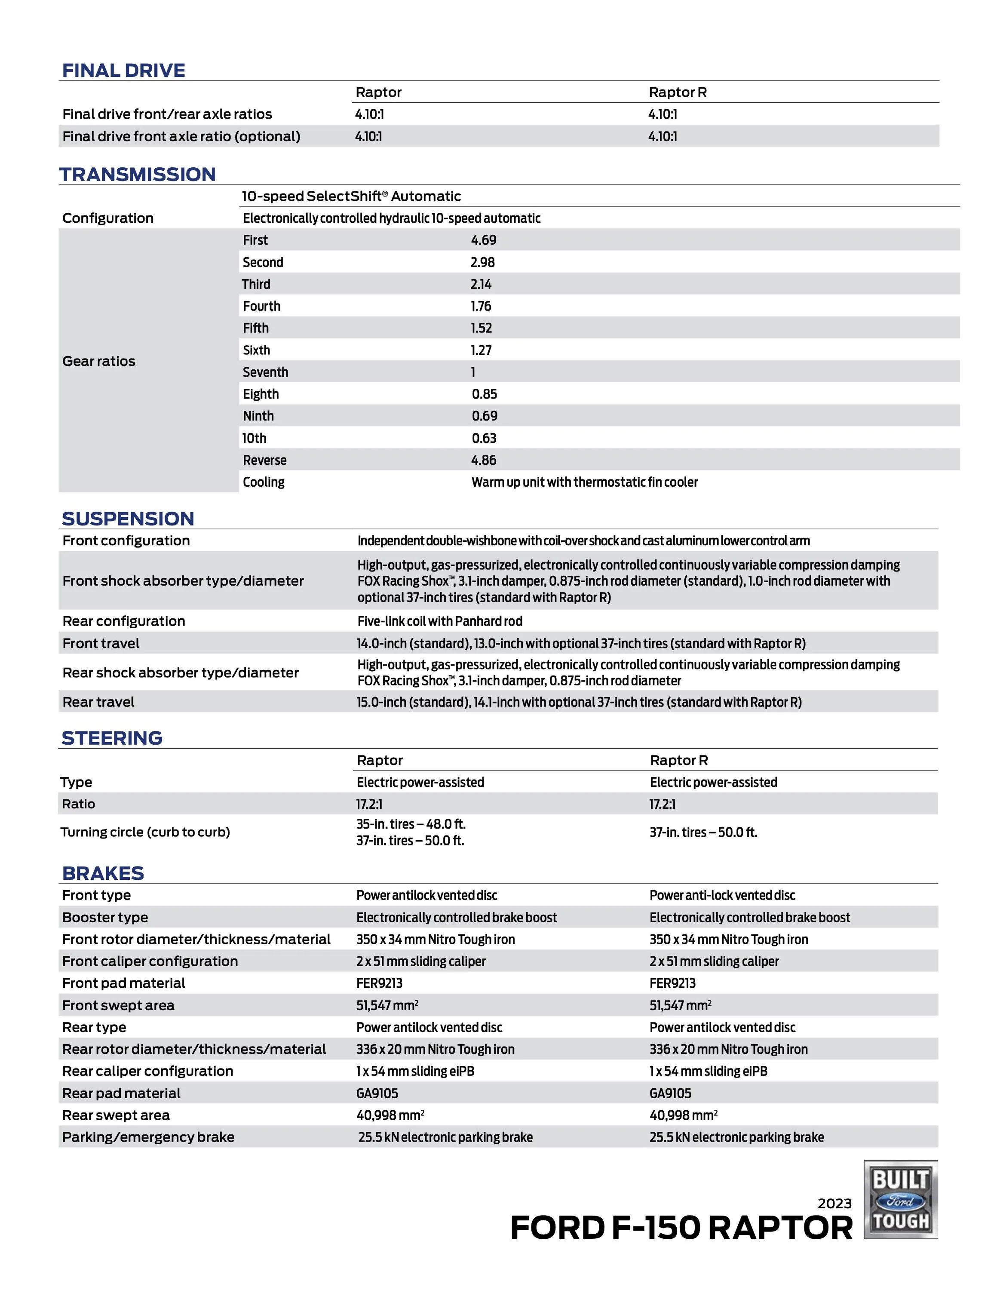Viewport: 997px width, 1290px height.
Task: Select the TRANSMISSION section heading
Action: coord(137,175)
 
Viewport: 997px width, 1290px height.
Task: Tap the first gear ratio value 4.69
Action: coord(483,240)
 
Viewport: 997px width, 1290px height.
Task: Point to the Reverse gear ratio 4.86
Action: coord(483,460)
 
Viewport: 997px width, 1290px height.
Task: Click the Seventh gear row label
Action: coord(265,372)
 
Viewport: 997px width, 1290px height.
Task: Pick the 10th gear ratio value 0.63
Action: coord(484,438)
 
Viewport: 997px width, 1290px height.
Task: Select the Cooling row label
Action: coord(264,482)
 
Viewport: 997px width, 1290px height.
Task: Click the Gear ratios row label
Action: coord(98,361)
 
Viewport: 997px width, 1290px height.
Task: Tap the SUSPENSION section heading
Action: coord(128,519)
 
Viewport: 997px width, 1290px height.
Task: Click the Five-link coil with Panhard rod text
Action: coord(439,621)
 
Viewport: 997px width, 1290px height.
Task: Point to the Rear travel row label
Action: coord(98,702)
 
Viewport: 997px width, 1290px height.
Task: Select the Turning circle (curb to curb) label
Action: coord(145,832)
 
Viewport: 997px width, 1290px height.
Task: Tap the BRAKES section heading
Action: coord(103,873)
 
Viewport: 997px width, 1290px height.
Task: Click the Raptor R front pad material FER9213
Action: coord(672,983)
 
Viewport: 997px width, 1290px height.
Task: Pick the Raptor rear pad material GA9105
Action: coord(377,1093)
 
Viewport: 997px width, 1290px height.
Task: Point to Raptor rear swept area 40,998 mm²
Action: coord(390,1115)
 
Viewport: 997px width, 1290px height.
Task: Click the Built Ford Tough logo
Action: coord(900,1198)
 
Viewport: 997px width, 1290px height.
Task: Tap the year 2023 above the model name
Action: coord(834,1203)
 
